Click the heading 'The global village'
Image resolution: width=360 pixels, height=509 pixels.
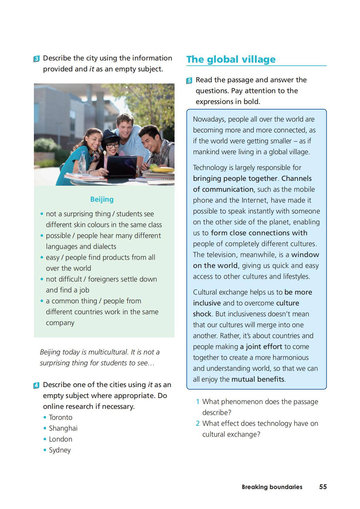point(231,59)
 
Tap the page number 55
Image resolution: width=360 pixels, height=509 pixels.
point(323,487)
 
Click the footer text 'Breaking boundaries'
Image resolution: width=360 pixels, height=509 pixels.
point(272,487)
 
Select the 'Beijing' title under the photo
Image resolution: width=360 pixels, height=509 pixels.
point(102,199)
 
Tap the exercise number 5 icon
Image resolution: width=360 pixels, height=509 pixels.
point(189,80)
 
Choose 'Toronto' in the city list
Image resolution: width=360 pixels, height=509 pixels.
point(61,417)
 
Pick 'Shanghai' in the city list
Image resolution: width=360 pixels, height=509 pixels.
point(63,428)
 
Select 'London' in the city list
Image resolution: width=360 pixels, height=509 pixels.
point(61,439)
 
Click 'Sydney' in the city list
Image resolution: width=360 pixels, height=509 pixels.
point(60,450)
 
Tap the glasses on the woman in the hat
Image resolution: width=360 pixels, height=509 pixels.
point(112,146)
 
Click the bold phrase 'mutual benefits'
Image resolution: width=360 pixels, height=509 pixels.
point(258,379)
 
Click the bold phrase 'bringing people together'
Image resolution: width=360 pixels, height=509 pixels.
point(235,178)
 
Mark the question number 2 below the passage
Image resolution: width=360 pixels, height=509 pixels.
point(198,423)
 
